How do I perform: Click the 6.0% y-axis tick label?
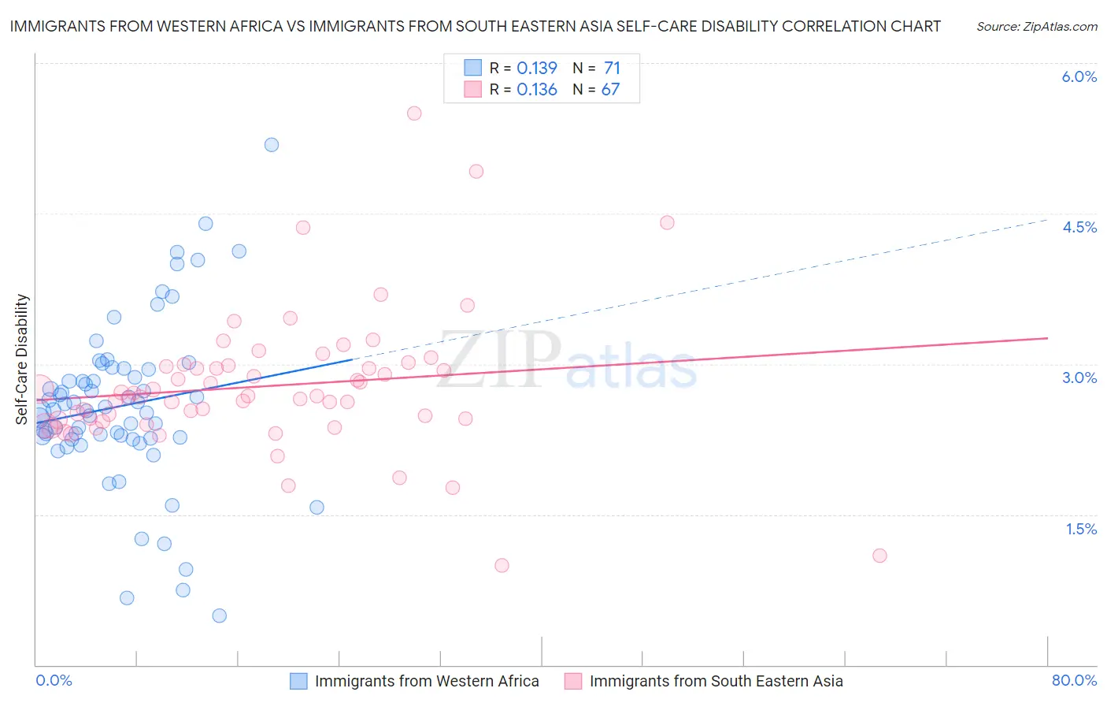coord(1079,76)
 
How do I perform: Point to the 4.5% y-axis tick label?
coord(1079,227)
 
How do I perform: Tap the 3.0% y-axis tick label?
coord(1079,378)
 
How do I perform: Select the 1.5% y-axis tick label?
coord(1081,529)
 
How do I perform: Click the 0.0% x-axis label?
coord(54,680)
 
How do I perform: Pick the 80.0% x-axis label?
coord(1074,680)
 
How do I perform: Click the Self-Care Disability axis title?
coord(22,359)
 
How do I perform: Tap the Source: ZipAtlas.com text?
coord(1036,27)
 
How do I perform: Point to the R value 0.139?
coord(537,69)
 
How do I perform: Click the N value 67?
coord(610,90)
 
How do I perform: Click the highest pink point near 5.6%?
coord(414,113)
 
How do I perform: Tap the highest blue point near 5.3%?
coord(272,144)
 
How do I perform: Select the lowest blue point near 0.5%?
coord(220,616)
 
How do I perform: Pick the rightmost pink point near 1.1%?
coord(879,556)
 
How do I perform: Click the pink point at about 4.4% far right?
coord(667,222)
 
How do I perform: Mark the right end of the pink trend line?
coord(1047,337)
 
